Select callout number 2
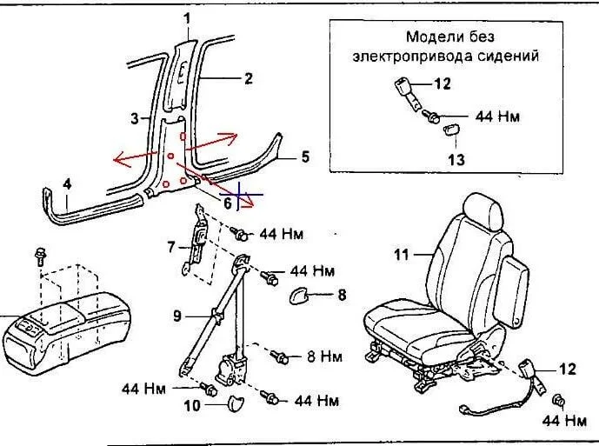[x=248, y=78]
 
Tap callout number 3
[x=135, y=117]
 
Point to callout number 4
[x=66, y=183]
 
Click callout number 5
[x=304, y=157]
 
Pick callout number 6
[x=228, y=203]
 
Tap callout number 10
[x=192, y=405]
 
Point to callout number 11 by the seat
[x=402, y=255]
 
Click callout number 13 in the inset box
[x=456, y=160]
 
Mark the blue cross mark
[x=241, y=196]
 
